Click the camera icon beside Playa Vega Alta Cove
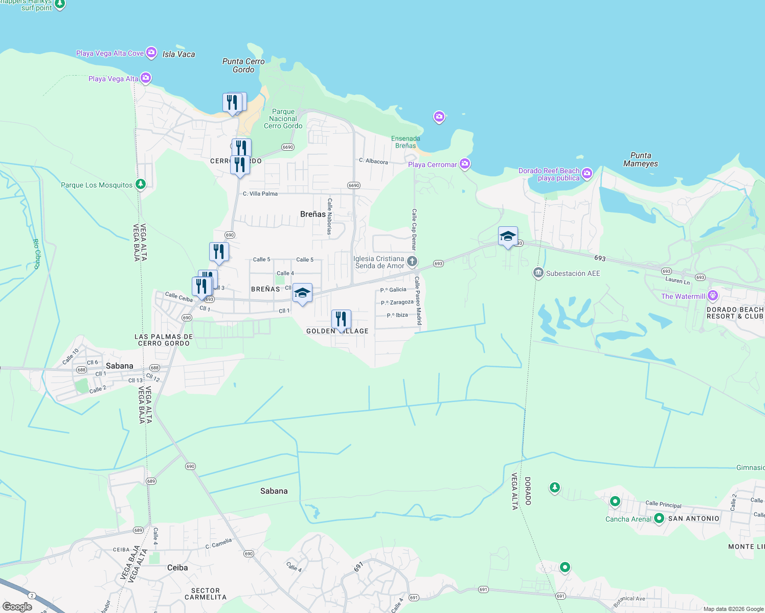[151, 52]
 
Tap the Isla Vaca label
[178, 54]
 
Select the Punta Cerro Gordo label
[243, 65]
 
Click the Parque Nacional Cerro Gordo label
[283, 119]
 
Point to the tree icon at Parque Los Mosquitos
[141, 184]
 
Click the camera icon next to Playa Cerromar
[465, 164]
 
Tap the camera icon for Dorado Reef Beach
[587, 174]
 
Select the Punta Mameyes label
[641, 159]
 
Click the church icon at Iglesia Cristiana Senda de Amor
[412, 262]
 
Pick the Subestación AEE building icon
[538, 273]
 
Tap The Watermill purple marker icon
[713, 296]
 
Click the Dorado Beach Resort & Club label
[735, 313]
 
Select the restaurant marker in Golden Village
[341, 320]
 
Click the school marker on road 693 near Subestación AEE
[508, 237]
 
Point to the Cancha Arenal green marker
[659, 518]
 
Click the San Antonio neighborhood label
[693, 518]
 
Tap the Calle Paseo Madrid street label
[418, 301]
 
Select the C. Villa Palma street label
[260, 194]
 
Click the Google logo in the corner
[17, 607]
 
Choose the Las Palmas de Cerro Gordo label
[164, 340]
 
